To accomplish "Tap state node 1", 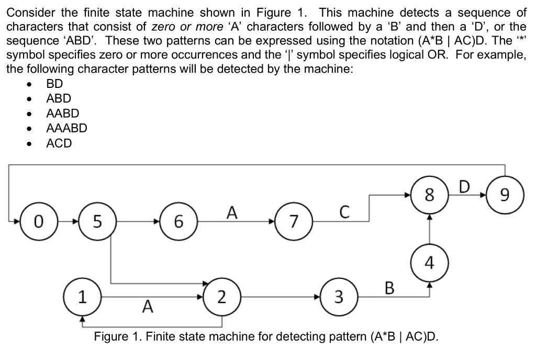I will coord(82,298).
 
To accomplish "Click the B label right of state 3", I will coord(389,287).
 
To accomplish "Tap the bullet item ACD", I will coord(59,143).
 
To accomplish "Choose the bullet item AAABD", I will coord(66,128).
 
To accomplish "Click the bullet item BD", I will coord(54,83).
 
